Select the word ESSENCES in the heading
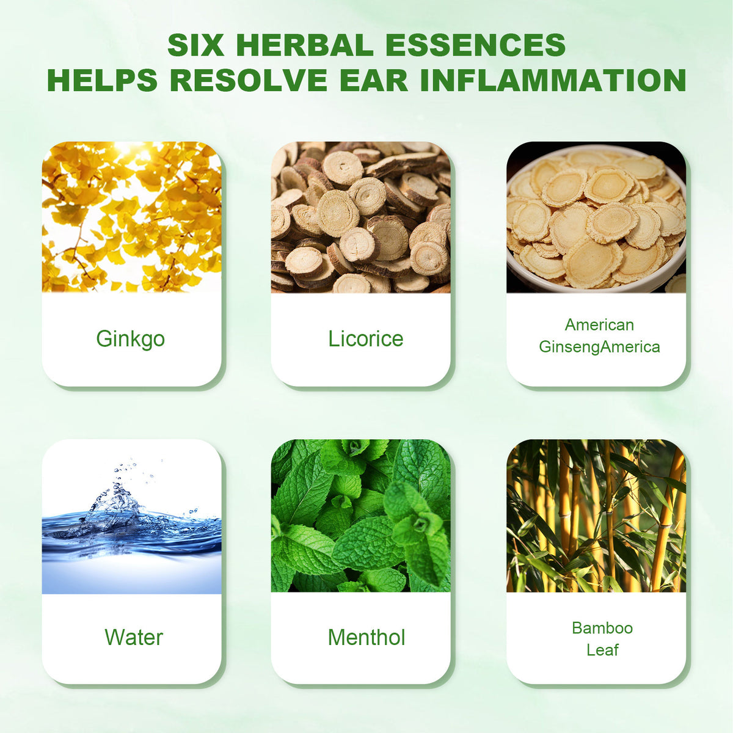coord(478,45)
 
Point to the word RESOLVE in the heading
coord(248,80)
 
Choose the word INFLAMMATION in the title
coord(553,80)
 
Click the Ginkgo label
coord(131,338)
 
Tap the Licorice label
coord(366,338)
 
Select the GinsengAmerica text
coord(599,347)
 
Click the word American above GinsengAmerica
coord(599,324)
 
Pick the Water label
coord(134,637)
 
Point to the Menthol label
coord(366,637)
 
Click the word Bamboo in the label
coord(602,628)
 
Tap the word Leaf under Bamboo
coord(602,650)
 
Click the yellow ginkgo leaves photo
coord(131,217)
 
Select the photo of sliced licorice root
coord(360,217)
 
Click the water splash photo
coord(131,516)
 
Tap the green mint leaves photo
coord(360,516)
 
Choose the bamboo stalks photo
coord(596,516)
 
